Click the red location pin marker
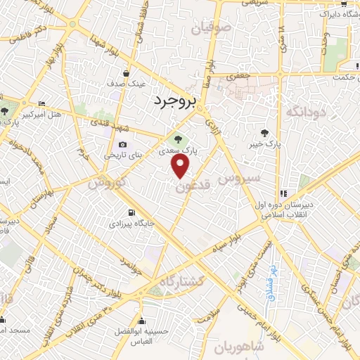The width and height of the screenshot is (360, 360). [x=181, y=166]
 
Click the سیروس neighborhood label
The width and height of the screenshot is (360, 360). [x=240, y=179]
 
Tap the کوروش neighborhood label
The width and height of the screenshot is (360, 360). [x=106, y=184]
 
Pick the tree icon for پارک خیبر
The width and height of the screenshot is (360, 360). [x=264, y=132]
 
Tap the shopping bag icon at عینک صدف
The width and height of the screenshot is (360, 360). [x=127, y=73]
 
